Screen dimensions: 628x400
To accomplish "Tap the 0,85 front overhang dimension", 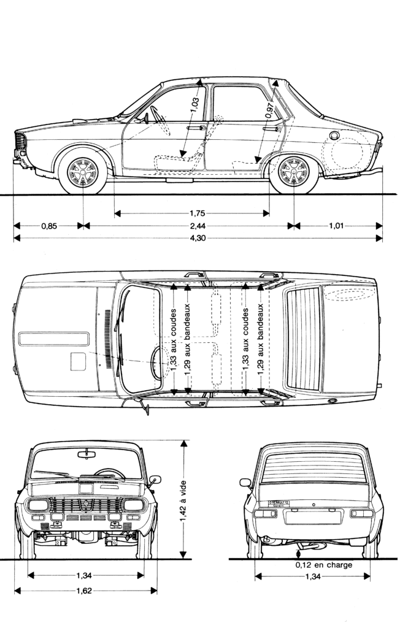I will point(49,226).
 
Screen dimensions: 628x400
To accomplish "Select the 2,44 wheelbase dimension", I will point(190,226).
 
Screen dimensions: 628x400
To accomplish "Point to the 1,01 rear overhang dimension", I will point(336,226).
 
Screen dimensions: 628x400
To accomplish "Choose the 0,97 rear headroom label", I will point(269,109).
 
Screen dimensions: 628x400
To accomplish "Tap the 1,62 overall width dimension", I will point(85,591).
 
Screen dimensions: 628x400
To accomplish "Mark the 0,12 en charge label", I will point(323,565).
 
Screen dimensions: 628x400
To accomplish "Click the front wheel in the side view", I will point(82,171).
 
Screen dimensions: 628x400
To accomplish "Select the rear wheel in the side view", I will point(293,171).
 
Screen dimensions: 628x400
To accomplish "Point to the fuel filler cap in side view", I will point(334,135).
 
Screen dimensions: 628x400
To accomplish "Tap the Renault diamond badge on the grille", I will point(87,505).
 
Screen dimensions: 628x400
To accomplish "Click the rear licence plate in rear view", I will point(312,516).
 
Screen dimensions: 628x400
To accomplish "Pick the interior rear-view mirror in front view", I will point(87,454).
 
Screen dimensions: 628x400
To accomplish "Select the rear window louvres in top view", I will point(304,337).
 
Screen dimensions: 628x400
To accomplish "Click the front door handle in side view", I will point(195,128).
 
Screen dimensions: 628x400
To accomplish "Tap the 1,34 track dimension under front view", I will point(85,576).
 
